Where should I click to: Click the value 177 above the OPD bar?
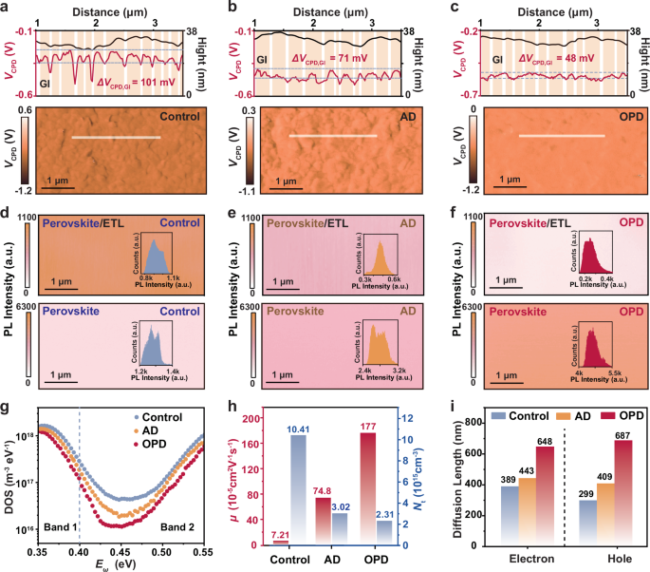pyautogui.click(x=341, y=424)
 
